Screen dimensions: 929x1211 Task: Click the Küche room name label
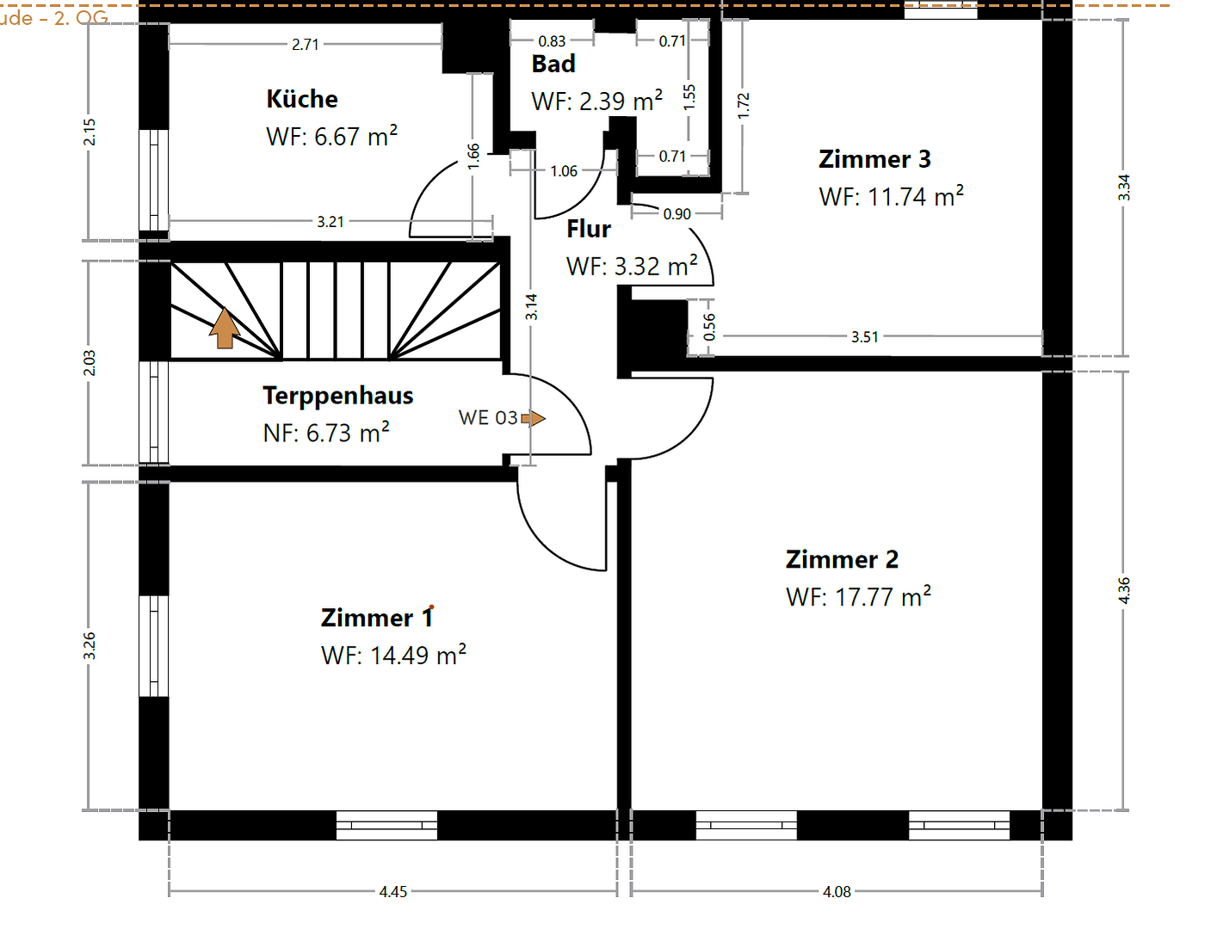[x=302, y=99]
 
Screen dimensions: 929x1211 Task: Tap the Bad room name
[x=553, y=65]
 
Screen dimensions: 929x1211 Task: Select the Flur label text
[x=589, y=230]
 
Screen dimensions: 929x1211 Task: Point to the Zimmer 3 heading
[x=874, y=159]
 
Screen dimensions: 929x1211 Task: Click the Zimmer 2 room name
[x=842, y=560]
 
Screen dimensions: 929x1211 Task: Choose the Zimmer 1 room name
[x=377, y=618]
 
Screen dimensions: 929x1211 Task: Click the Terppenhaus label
[x=337, y=396]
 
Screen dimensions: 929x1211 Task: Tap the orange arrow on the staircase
[x=225, y=328]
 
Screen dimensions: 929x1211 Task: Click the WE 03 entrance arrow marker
[x=534, y=419]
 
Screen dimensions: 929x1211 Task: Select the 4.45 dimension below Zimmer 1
[x=393, y=892]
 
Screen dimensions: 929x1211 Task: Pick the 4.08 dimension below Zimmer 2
[x=837, y=892]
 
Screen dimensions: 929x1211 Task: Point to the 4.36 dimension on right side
[x=1124, y=590]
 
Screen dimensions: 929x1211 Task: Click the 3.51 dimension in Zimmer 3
[x=865, y=337]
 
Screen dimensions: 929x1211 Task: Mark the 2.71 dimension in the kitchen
[x=306, y=45]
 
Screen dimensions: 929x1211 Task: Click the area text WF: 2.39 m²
[x=597, y=102]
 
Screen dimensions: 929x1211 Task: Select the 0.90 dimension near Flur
[x=677, y=214]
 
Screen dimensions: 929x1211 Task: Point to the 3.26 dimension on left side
[x=90, y=646]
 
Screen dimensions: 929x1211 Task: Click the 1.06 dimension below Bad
[x=564, y=172]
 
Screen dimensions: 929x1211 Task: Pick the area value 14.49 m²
[x=394, y=655]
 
